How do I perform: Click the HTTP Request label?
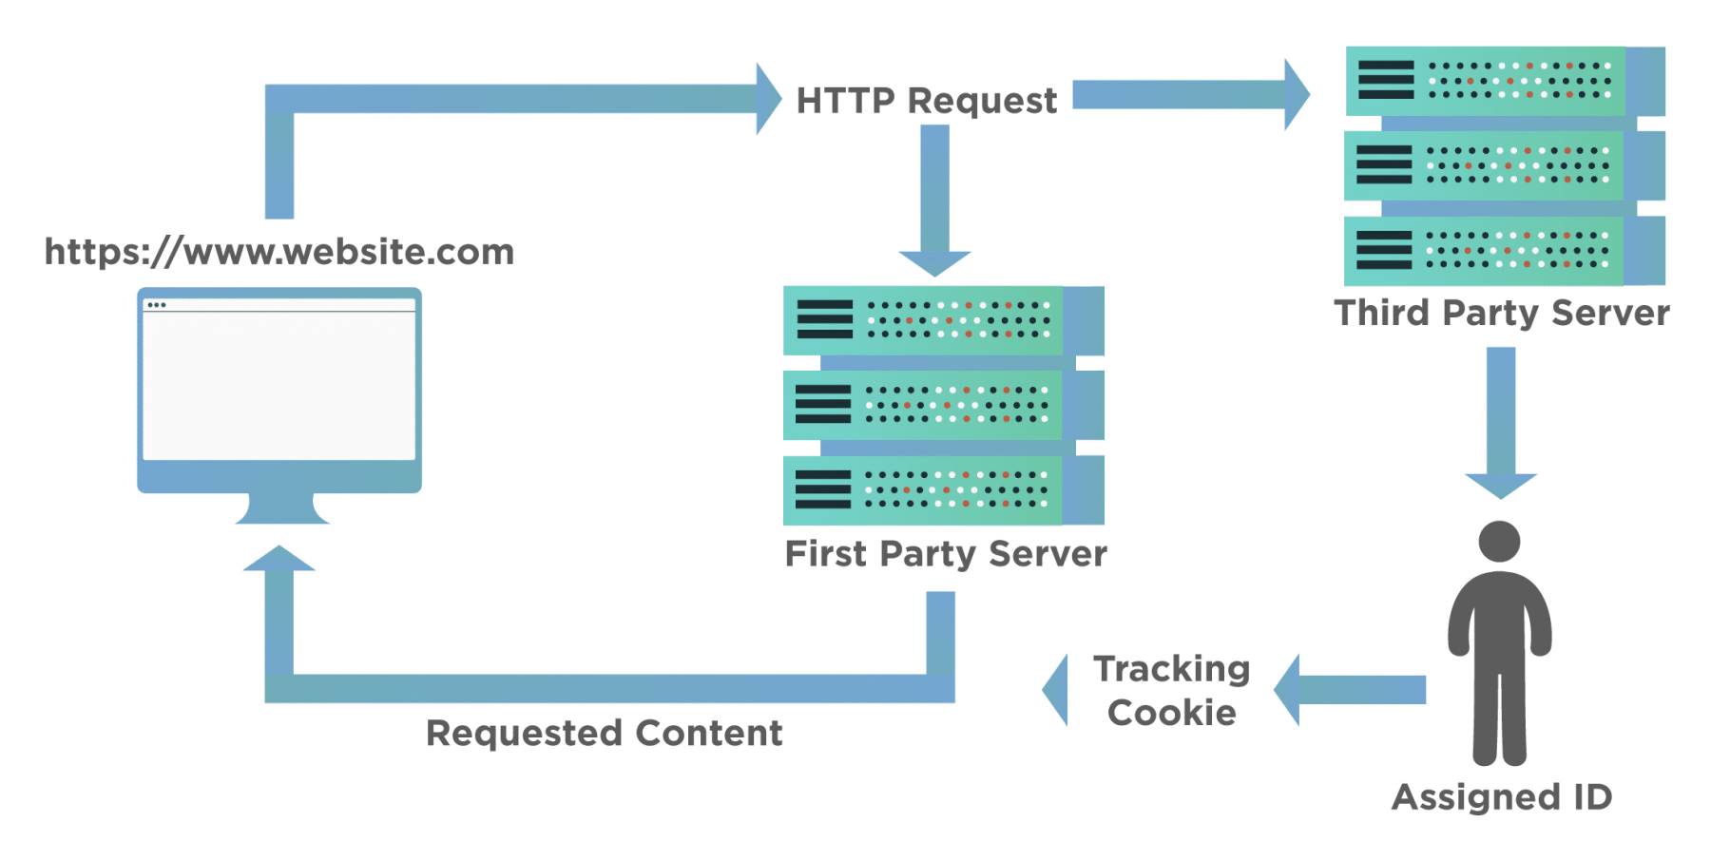click(x=926, y=101)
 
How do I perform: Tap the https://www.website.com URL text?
click(x=279, y=252)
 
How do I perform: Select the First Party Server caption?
click(x=946, y=554)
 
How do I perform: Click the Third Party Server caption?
click(x=1501, y=313)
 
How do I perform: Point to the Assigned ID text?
click(x=1502, y=796)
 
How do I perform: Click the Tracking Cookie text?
click(x=1171, y=691)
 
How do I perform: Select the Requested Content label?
click(x=605, y=733)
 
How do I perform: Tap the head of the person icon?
click(x=1500, y=542)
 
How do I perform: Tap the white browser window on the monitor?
click(x=279, y=385)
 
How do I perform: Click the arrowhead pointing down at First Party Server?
click(x=935, y=262)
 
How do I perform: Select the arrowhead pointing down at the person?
click(x=1500, y=485)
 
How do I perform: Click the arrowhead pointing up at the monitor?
click(x=279, y=560)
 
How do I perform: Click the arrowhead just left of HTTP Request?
click(x=768, y=99)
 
